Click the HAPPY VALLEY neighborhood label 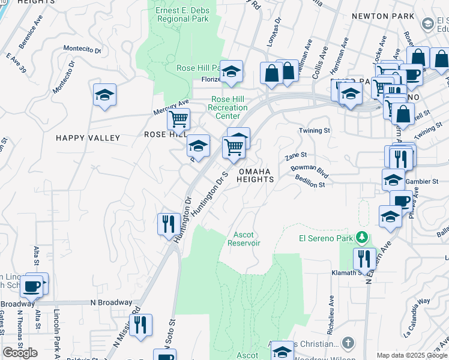[88, 138]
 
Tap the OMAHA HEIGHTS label [256, 175]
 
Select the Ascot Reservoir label [244, 239]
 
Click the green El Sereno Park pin [361, 236]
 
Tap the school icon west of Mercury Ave [104, 95]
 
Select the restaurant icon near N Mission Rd [140, 325]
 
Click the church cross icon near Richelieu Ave [348, 343]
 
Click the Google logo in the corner [20, 353]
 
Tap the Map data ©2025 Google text [412, 355]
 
